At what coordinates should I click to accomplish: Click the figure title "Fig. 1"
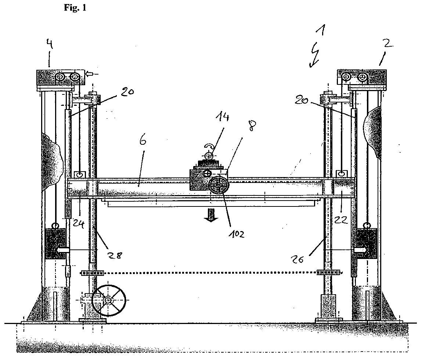[x=75, y=8]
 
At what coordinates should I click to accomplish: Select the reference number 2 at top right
[x=388, y=43]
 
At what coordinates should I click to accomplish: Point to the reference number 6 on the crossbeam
[x=143, y=141]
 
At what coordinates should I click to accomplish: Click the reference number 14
[x=222, y=117]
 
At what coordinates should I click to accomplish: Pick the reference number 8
[x=252, y=126]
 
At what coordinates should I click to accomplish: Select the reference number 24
[x=78, y=223]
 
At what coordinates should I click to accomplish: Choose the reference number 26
[x=298, y=259]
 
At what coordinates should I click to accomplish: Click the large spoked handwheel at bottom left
[x=109, y=300]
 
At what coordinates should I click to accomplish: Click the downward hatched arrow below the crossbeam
[x=211, y=215]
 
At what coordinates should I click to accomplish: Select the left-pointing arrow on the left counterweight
[x=62, y=250]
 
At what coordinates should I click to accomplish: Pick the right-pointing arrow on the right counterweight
[x=360, y=250]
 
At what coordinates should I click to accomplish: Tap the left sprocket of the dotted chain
[x=93, y=273]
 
